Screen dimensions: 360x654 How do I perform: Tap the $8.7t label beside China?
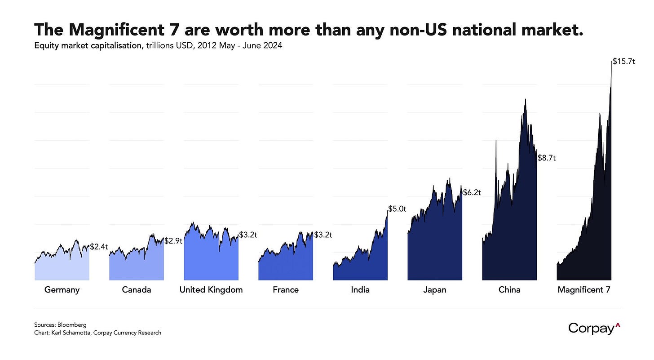pyautogui.click(x=547, y=158)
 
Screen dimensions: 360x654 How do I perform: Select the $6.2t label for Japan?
pyautogui.click(x=472, y=192)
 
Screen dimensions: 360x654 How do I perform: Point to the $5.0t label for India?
pyautogui.click(x=397, y=209)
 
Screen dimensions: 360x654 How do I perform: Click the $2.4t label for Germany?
pyautogui.click(x=99, y=246)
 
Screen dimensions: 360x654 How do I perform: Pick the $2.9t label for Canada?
pyautogui.click(x=173, y=240)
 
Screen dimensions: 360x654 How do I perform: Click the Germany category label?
pyautogui.click(x=62, y=290)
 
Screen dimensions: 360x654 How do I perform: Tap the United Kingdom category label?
pyautogui.click(x=211, y=290)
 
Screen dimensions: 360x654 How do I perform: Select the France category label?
pyautogui.click(x=286, y=290)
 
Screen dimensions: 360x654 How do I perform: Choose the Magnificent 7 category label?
pyautogui.click(x=584, y=290)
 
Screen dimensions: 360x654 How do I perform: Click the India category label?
pyautogui.click(x=360, y=290)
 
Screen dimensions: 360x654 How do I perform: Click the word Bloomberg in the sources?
pyautogui.click(x=62, y=324)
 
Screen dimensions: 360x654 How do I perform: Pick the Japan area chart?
pyautogui.click(x=435, y=243)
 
